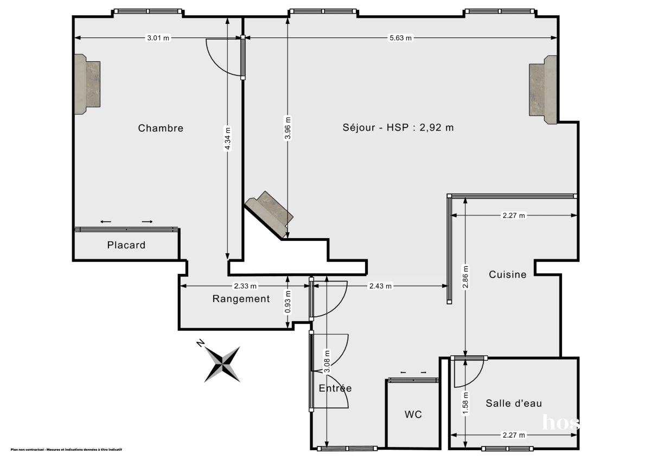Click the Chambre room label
(x=161, y=129)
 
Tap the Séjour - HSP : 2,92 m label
(x=398, y=128)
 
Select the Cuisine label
(x=508, y=274)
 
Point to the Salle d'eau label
(x=514, y=403)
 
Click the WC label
(x=413, y=415)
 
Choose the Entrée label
(x=335, y=388)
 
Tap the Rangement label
(x=241, y=299)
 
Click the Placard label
(x=126, y=245)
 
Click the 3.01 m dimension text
(x=158, y=38)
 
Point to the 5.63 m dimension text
(x=401, y=38)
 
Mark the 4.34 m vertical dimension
(x=228, y=139)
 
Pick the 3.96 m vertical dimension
(x=288, y=129)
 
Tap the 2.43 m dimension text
(x=380, y=286)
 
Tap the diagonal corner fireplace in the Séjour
(x=269, y=213)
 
